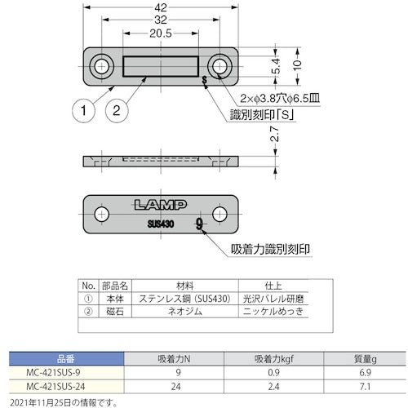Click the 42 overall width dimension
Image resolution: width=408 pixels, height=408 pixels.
(160, 8)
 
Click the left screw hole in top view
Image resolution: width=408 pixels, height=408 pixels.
(103, 64)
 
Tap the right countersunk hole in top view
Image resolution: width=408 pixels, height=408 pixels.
(218, 64)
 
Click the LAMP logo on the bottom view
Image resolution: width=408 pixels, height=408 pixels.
(160, 205)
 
